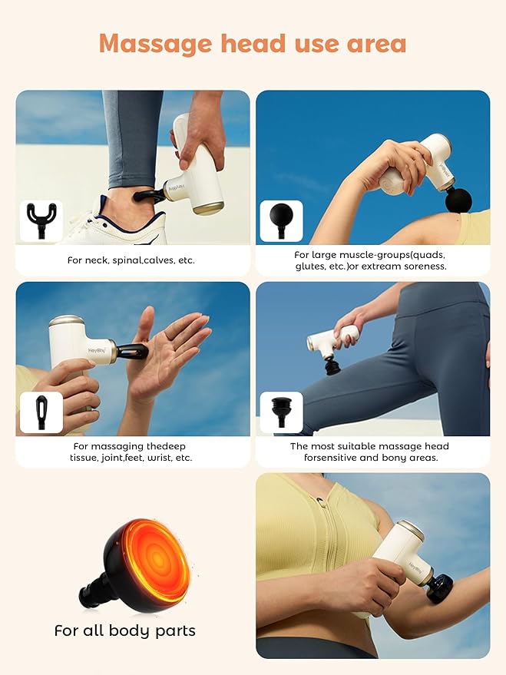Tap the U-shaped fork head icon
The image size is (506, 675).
click(41, 220)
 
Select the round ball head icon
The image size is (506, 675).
click(281, 220)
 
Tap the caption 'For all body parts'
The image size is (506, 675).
click(124, 630)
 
